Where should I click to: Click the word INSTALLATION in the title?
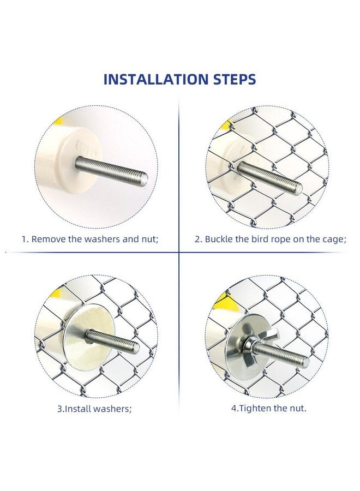[156, 80]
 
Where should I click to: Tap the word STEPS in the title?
[235, 80]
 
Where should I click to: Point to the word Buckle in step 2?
[219, 239]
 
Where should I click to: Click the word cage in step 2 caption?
[334, 240]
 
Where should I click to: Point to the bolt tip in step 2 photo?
[298, 188]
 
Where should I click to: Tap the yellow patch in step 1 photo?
[58, 120]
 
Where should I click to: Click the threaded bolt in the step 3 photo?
[112, 339]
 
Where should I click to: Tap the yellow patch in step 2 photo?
[226, 126]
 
